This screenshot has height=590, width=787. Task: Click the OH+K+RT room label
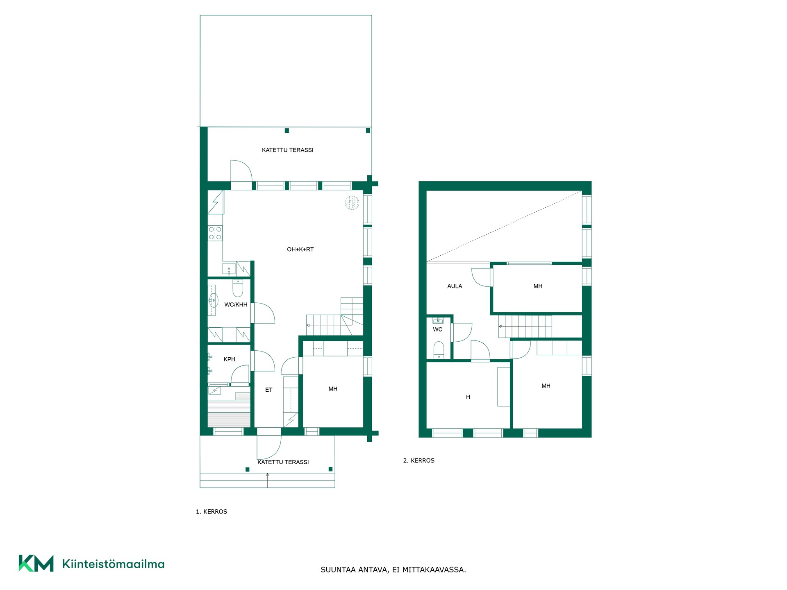(300, 249)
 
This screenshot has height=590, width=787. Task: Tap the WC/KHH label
(236, 304)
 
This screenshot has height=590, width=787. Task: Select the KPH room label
(229, 359)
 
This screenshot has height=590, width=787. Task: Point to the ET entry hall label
(268, 390)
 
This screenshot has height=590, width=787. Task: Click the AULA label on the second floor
(455, 286)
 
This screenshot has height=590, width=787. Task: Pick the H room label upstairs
(468, 397)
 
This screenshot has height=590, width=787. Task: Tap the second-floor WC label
(437, 329)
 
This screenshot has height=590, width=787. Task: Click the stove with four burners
(215, 234)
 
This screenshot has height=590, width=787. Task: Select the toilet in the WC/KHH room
(238, 288)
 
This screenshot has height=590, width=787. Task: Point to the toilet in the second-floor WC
(439, 350)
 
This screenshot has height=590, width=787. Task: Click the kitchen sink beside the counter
(229, 269)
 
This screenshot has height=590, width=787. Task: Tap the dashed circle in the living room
(352, 203)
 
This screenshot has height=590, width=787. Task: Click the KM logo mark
(36, 563)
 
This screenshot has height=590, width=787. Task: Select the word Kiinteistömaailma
(113, 564)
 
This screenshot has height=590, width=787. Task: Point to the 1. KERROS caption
(212, 512)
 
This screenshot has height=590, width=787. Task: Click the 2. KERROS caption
(419, 461)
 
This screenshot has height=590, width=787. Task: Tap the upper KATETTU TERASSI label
(288, 150)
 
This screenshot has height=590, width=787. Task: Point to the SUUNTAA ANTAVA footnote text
(393, 570)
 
